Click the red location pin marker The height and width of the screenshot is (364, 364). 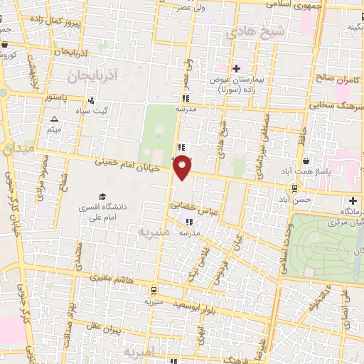click(x=183, y=167)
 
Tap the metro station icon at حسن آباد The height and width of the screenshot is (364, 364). click(x=294, y=188)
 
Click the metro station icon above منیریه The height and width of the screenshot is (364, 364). click(x=154, y=290)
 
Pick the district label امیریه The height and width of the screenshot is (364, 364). click(x=135, y=352)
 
